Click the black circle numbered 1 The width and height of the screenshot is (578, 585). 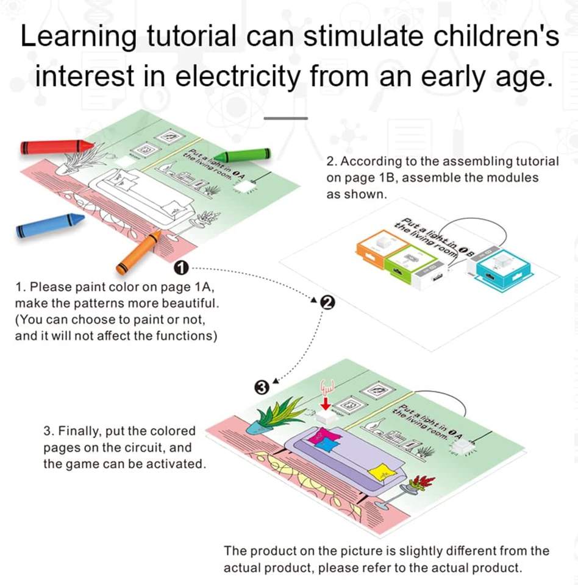coord(182,267)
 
